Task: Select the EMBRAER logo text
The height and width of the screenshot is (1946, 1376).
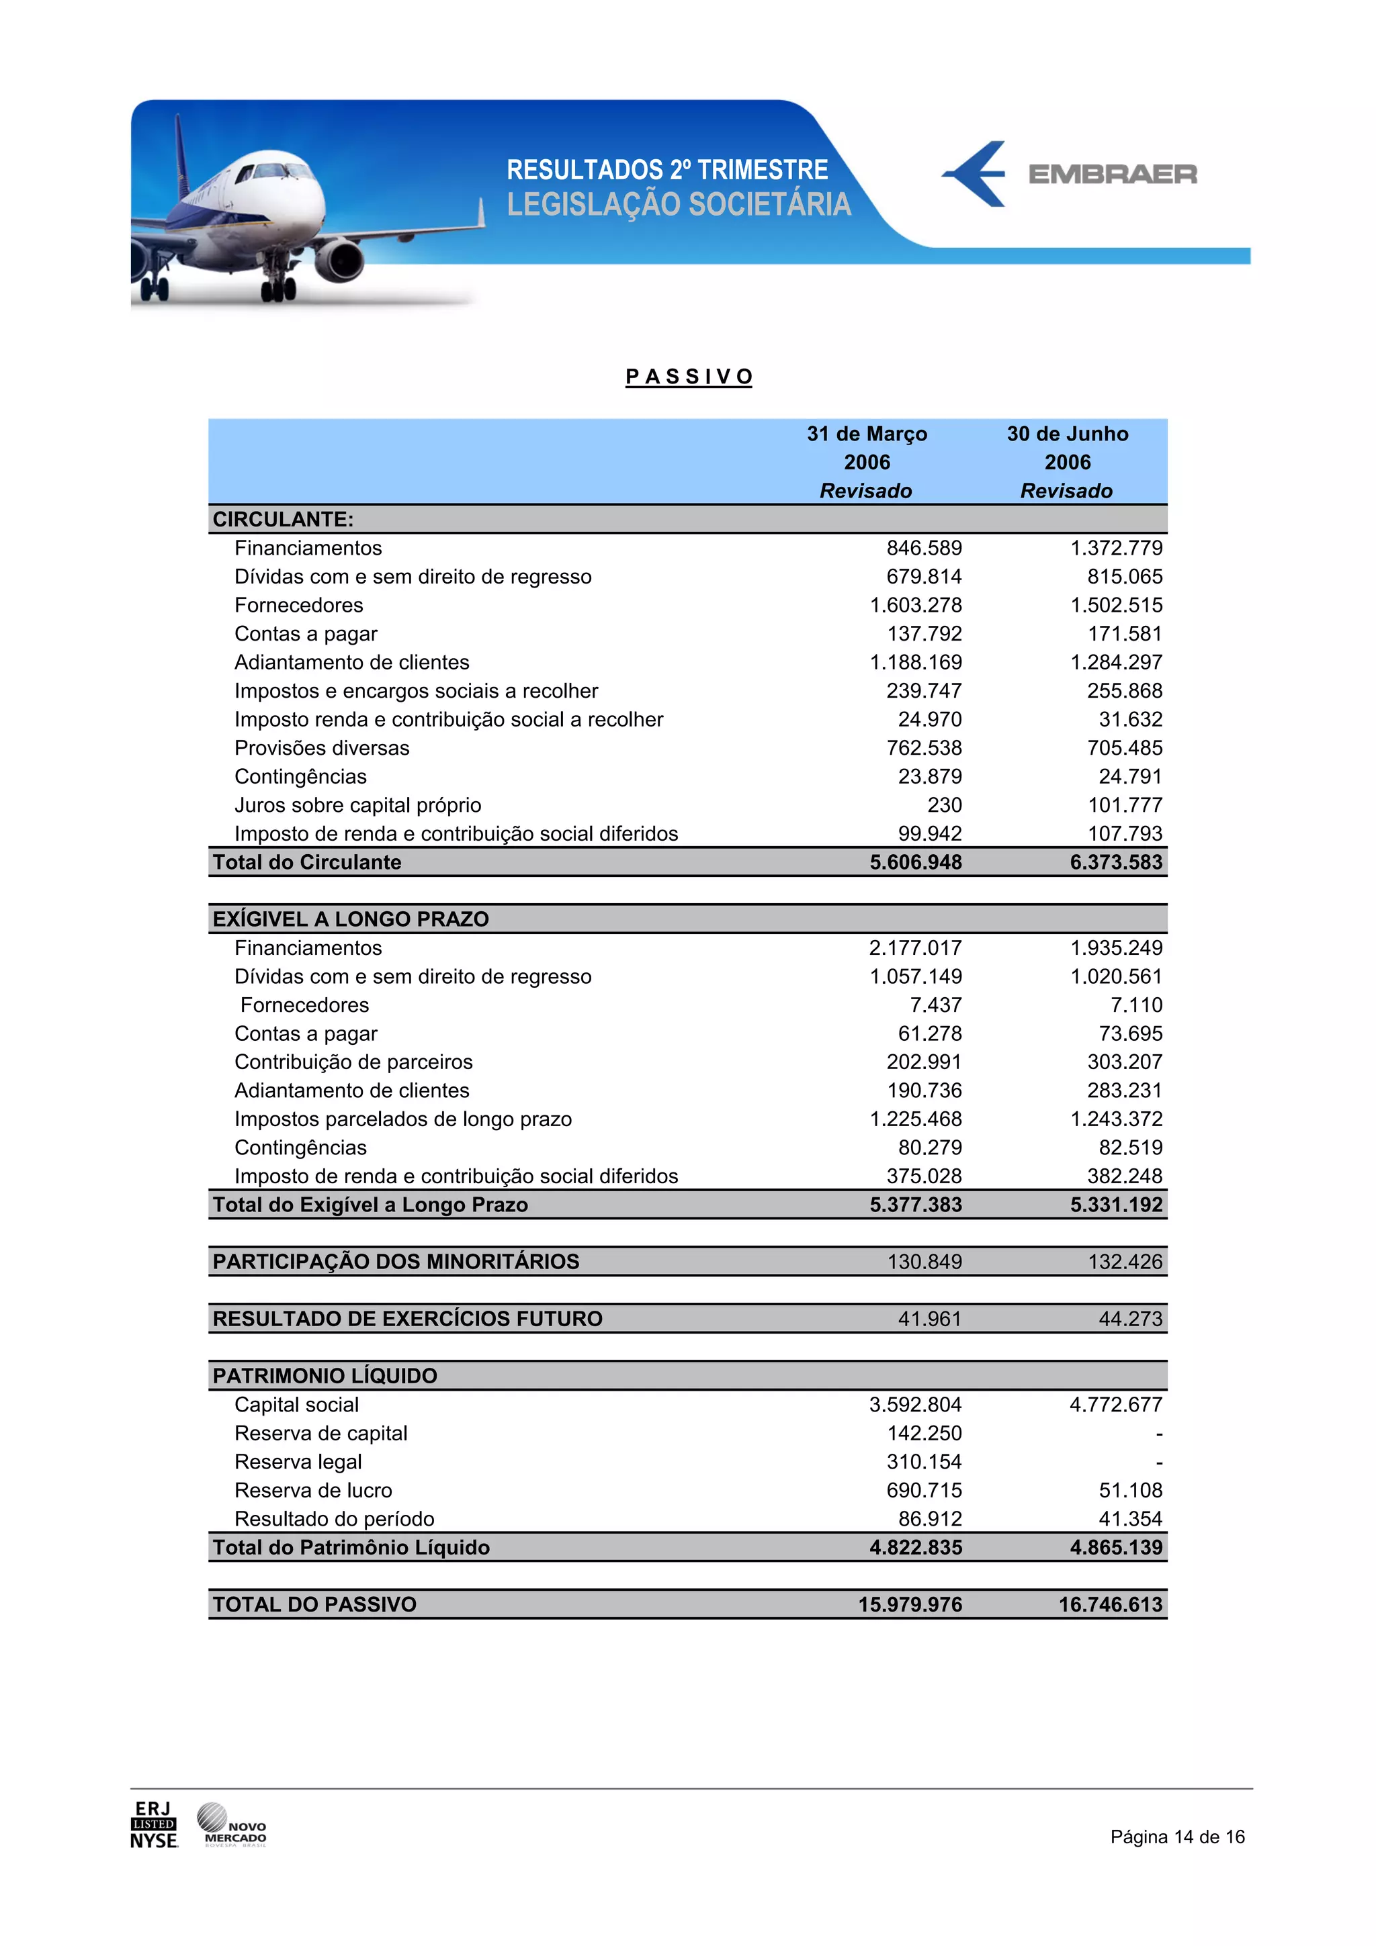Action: (x=1113, y=175)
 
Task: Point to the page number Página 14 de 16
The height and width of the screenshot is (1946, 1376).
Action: (x=1176, y=1837)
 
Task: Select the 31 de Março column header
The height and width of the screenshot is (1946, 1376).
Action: (x=867, y=434)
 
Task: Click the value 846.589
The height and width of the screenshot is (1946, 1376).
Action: (x=923, y=549)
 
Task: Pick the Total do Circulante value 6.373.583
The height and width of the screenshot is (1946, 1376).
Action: (x=1116, y=863)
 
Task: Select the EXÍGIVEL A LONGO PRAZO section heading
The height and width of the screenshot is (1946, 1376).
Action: (x=350, y=919)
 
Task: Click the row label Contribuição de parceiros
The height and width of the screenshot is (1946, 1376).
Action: (x=353, y=1062)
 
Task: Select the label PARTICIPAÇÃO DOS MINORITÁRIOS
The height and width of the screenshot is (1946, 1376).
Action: (x=396, y=1262)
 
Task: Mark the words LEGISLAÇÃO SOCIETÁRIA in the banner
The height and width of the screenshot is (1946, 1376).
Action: (x=678, y=205)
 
